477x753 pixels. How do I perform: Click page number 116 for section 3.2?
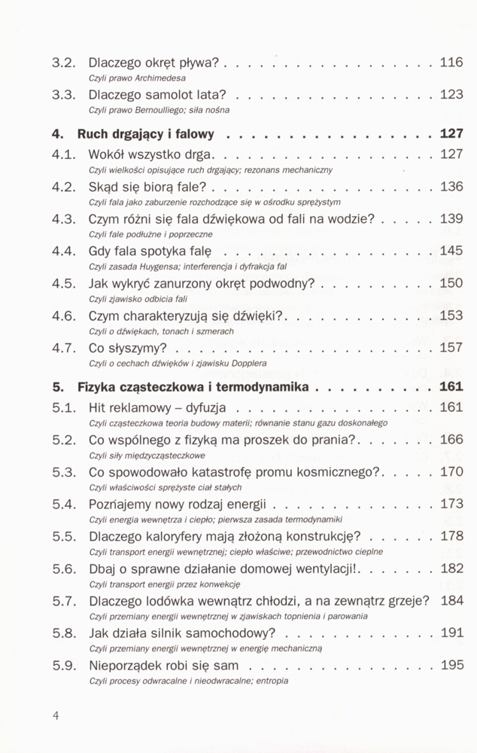tap(451, 63)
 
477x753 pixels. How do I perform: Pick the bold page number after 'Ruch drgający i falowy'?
tap(451, 136)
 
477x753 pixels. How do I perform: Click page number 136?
tap(451, 187)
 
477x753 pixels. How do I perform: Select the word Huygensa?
tap(163, 267)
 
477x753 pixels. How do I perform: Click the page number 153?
tap(451, 316)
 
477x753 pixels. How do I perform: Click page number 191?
tap(451, 633)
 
